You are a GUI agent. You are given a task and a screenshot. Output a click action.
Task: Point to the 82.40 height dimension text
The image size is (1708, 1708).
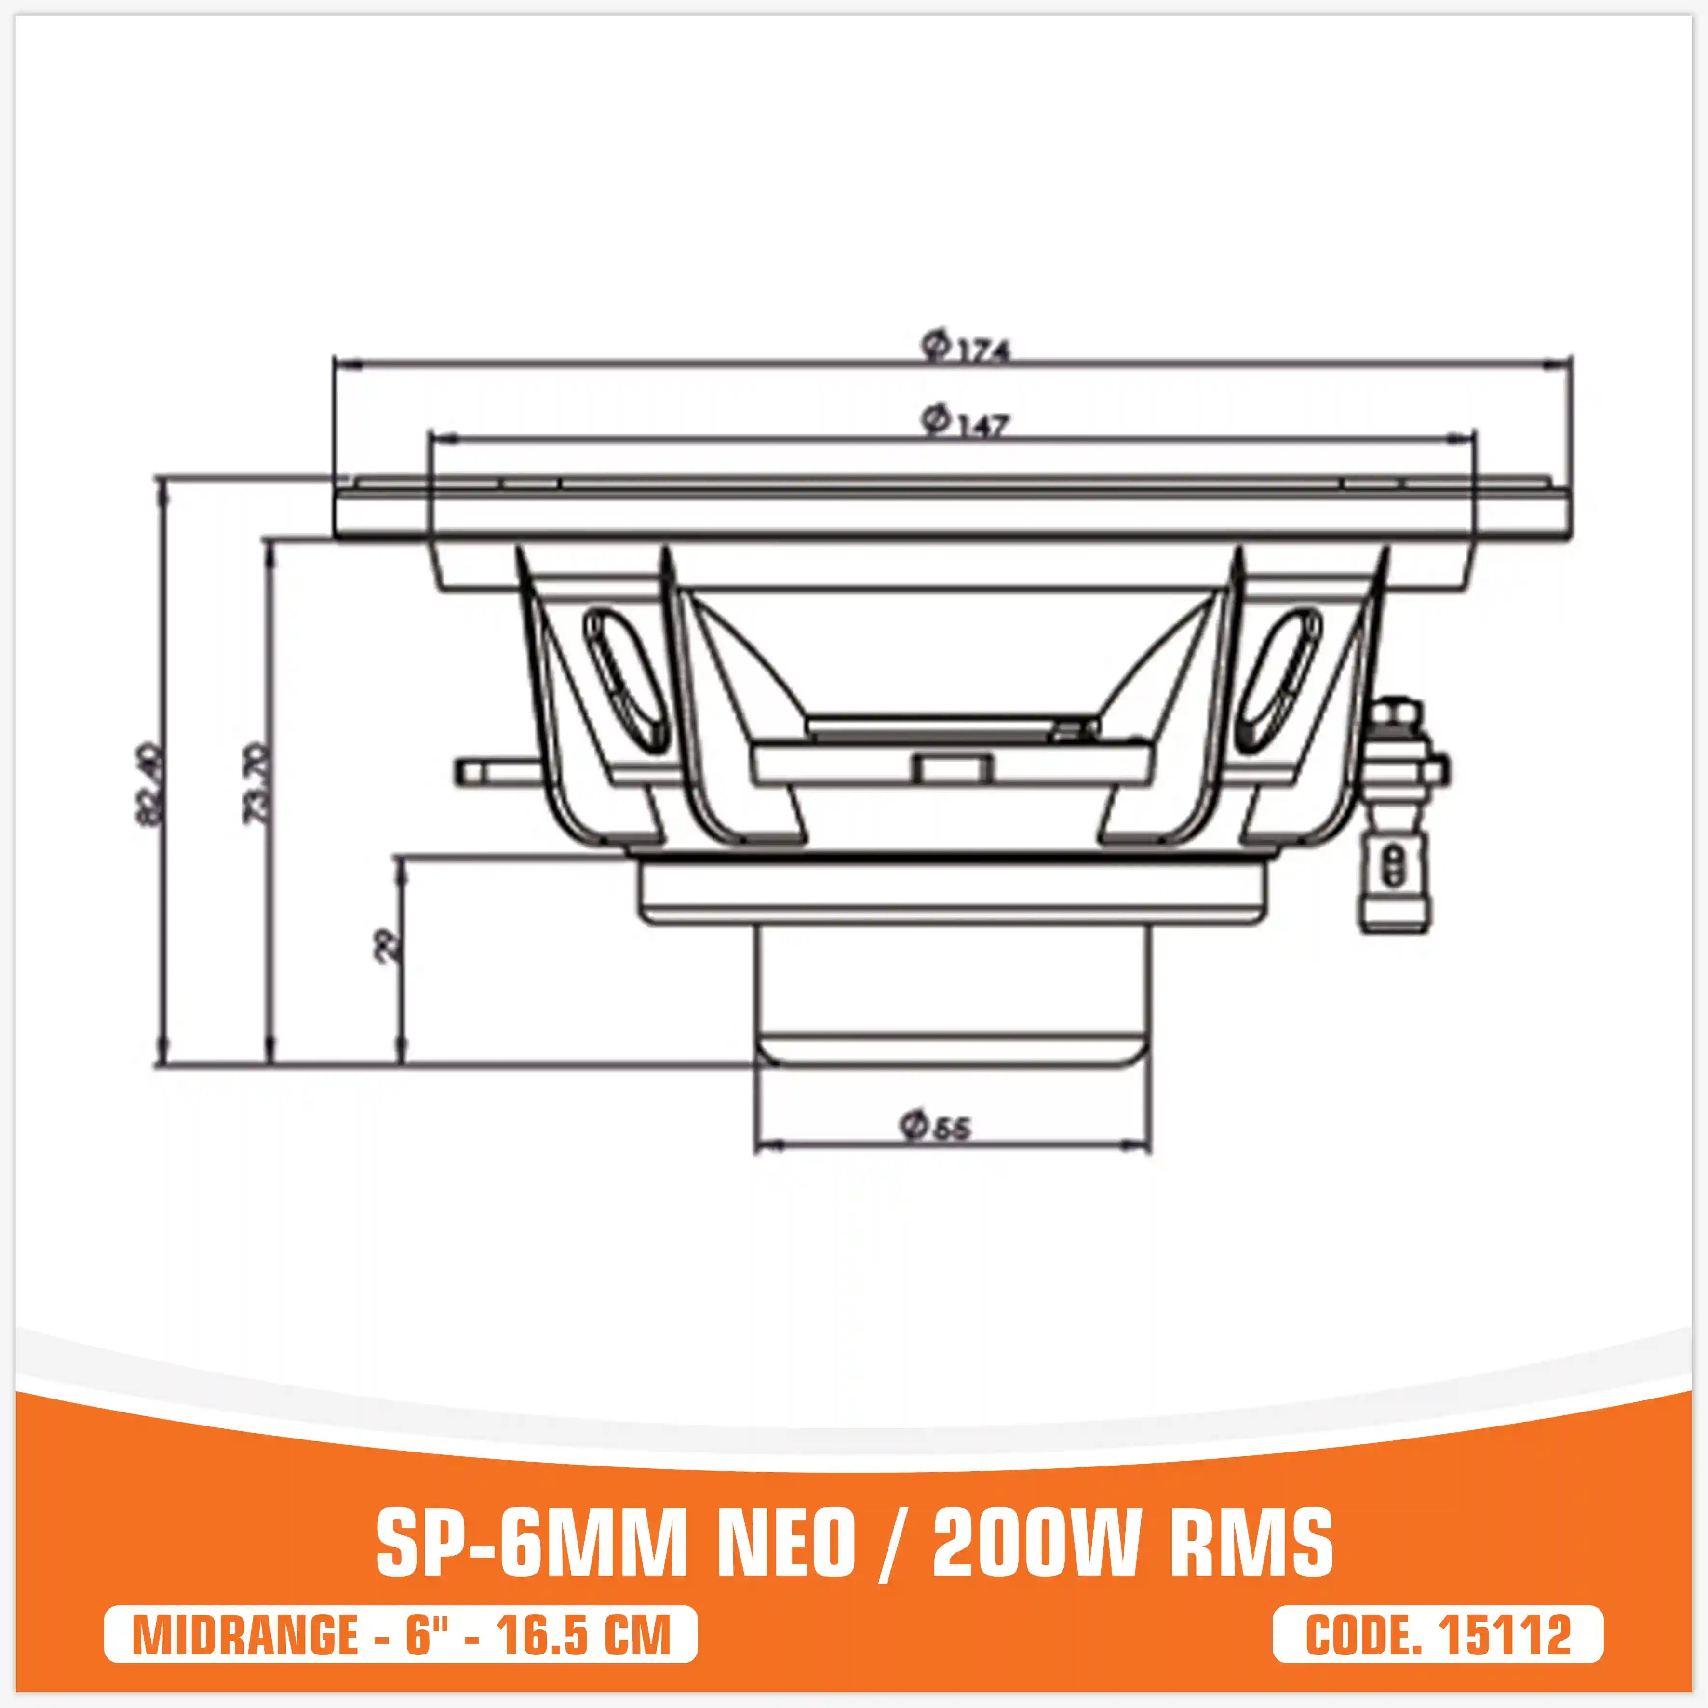[150, 785]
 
